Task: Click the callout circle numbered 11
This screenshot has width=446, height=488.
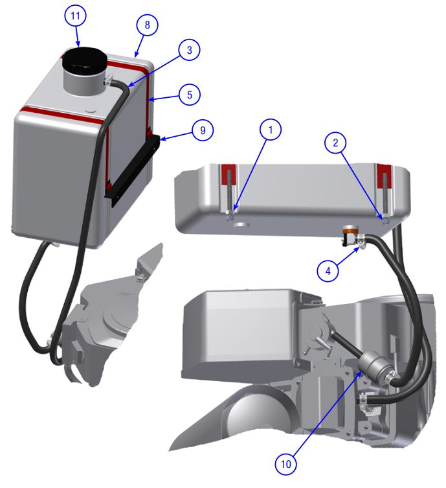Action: click(76, 16)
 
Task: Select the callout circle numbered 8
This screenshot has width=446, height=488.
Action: click(147, 25)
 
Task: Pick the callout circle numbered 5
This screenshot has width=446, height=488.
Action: click(189, 94)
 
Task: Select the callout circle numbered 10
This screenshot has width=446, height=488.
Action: click(286, 463)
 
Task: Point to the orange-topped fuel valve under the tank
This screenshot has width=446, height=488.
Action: click(351, 231)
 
